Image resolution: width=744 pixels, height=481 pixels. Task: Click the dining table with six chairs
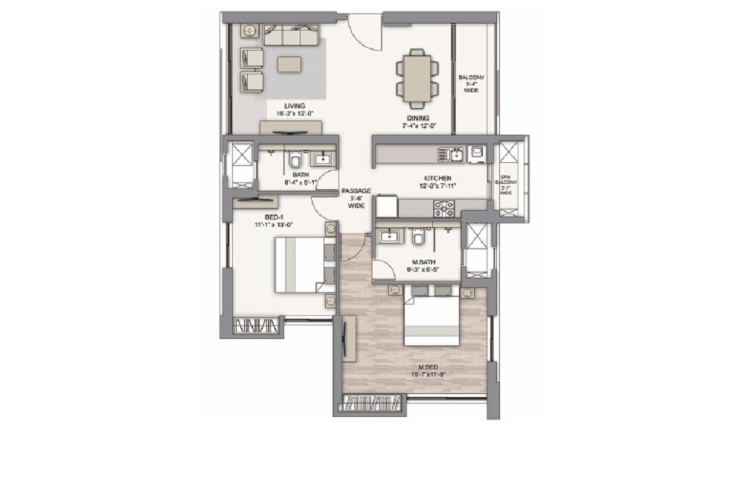[415, 74]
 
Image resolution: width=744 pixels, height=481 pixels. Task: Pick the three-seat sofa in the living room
[291, 36]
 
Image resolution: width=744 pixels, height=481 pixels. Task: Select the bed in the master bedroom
[431, 320]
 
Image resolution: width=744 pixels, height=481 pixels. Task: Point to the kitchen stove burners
[444, 211]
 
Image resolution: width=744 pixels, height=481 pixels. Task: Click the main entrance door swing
[365, 30]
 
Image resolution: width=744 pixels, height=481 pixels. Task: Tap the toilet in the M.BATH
[418, 238]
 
